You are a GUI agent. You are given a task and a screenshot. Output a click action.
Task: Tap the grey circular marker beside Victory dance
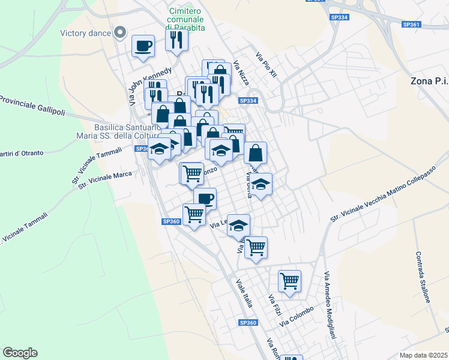pyautogui.click(x=121, y=32)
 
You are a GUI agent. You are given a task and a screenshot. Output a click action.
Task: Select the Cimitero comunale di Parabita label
pyautogui.click(x=187, y=20)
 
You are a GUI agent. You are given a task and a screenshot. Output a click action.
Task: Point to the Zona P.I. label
pyautogui.click(x=429, y=80)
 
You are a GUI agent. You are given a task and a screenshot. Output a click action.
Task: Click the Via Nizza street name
pyautogui.click(x=241, y=73)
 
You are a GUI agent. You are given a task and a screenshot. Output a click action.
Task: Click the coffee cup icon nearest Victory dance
pyautogui.click(x=143, y=46)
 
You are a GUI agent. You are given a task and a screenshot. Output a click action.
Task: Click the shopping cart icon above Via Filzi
pyautogui.click(x=289, y=280)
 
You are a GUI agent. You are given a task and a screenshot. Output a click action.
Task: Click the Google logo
pyautogui.click(x=20, y=353)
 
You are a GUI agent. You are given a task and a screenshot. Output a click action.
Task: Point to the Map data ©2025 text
pyautogui.click(x=423, y=355)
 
